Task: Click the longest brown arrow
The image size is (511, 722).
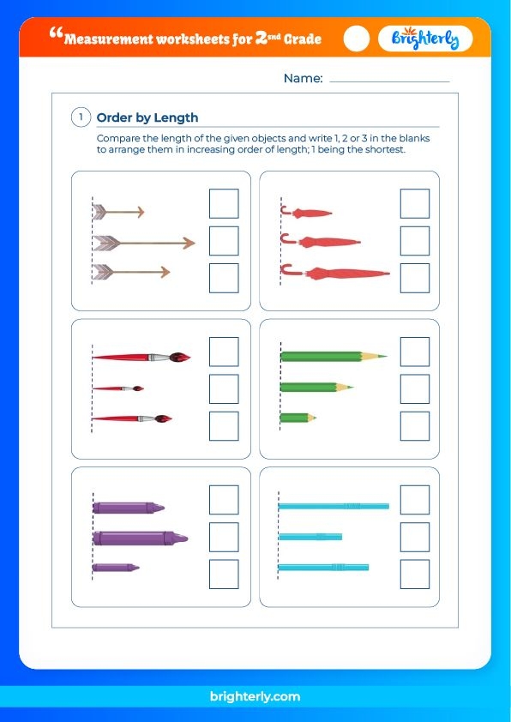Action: coord(144,244)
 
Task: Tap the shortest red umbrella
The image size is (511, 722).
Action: coord(307,213)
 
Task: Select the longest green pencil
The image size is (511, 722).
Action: coord(334,356)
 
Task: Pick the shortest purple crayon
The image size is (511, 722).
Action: coord(116,568)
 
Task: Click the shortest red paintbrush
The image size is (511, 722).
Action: coord(117,388)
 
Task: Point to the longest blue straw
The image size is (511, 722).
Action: coord(334,506)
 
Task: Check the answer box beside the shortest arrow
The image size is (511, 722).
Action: coord(224,203)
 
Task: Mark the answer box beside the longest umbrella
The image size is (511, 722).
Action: coord(415,278)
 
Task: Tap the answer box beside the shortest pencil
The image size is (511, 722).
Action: coord(415,426)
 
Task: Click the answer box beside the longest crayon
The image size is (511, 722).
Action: coord(224,537)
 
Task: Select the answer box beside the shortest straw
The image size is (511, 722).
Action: coord(415,537)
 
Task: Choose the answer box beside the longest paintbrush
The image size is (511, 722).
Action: coord(224,352)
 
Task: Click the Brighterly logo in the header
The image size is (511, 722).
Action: coord(425,39)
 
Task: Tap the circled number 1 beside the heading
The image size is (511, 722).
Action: coord(81,117)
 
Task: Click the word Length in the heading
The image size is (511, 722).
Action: coord(176,117)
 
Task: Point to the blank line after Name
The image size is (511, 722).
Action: coord(389,82)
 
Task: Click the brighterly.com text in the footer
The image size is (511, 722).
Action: coord(255,696)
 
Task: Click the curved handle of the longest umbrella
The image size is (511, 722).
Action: coord(286,269)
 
